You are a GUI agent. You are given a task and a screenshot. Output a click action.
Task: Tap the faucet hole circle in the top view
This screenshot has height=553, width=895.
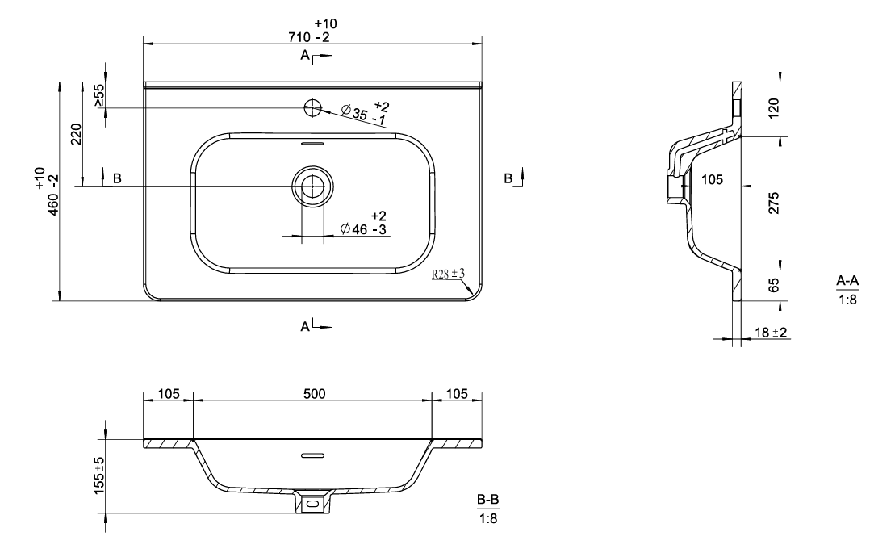coord(313,107)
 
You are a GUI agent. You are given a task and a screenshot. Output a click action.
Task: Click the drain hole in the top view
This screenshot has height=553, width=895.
coord(313,186)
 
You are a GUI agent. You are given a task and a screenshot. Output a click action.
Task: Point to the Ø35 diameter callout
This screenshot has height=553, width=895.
coord(366,112)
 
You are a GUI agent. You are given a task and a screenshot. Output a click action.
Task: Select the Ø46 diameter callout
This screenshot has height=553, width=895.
coord(364,223)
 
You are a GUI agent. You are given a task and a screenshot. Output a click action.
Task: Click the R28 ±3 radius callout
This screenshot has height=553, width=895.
coord(448,274)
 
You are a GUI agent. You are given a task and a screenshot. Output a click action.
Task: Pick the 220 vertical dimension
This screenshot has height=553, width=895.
coord(77,134)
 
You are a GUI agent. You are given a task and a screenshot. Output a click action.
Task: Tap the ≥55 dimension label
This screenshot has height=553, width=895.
coord(98,95)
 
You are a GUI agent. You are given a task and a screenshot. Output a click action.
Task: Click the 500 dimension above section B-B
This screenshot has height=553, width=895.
coord(315,394)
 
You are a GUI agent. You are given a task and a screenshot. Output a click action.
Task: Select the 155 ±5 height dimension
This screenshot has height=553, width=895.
coord(98,475)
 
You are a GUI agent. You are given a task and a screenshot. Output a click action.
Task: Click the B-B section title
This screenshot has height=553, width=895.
coord(488,500)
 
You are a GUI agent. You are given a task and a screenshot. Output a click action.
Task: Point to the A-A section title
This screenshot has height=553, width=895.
coord(847,281)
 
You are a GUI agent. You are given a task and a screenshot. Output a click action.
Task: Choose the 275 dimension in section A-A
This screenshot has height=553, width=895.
coord(773,203)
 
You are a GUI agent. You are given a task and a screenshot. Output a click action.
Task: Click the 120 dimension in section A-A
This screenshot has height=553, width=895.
coord(773,108)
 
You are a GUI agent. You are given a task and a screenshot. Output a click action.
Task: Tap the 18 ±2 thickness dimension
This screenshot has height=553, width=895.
coord(772,332)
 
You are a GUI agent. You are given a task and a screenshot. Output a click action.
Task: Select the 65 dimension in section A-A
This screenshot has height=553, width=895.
coord(773,285)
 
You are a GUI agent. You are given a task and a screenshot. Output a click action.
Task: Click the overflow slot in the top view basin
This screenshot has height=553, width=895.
coord(312,144)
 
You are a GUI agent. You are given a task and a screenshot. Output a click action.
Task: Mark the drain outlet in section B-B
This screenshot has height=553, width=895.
coord(312,503)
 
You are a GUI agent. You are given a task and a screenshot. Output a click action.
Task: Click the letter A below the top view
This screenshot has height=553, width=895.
coord(305,326)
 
